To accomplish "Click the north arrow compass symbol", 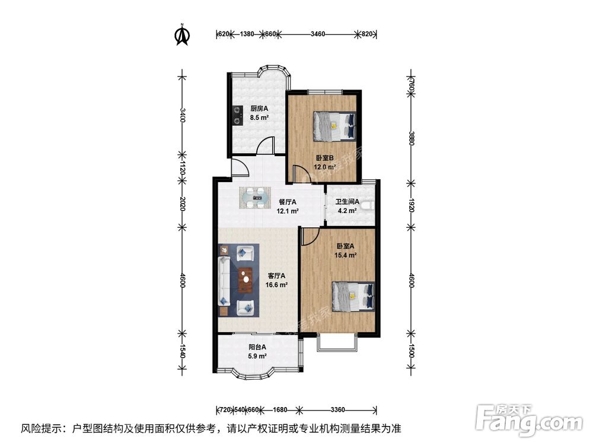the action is click(182, 34).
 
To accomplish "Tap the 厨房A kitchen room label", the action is click(259, 109).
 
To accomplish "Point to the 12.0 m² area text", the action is click(325, 167).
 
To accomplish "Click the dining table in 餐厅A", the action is click(255, 198).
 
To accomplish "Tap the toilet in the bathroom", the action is click(367, 206).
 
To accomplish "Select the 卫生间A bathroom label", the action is click(347, 202).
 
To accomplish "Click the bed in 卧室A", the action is click(353, 297).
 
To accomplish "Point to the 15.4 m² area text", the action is click(345, 255).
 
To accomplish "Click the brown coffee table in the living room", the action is click(246, 280).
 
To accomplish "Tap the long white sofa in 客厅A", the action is click(224, 281).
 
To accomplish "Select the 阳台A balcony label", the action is click(257, 347).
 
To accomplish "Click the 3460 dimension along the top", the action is click(318, 34).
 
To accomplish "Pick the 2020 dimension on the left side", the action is click(182, 204).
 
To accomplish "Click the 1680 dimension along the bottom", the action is click(280, 409).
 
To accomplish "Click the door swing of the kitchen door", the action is click(264, 146).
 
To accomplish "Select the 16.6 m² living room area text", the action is click(276, 285).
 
